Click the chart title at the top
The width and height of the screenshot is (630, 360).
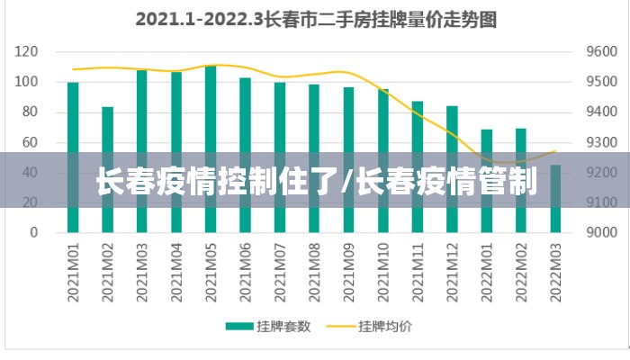point(315,19)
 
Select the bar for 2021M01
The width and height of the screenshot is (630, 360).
point(73,157)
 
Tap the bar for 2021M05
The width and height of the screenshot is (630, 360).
point(211,148)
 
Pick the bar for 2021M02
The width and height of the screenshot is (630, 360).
point(108,169)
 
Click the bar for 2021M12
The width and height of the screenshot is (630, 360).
point(452,168)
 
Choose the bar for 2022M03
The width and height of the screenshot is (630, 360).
point(555,198)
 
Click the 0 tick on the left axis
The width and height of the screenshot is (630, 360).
point(33,232)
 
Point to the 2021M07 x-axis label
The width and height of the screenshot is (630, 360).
point(280,269)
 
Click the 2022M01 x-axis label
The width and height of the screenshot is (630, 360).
point(487,269)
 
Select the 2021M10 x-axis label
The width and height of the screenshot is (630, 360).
point(383,269)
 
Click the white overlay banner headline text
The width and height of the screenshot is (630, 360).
point(315,184)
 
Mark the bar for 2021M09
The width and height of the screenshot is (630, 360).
point(348,159)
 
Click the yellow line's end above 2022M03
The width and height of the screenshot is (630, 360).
point(555,151)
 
